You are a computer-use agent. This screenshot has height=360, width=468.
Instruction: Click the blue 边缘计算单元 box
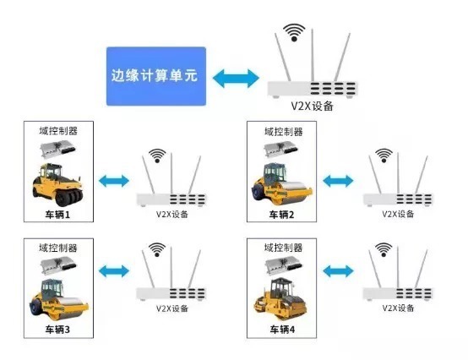point(157,76)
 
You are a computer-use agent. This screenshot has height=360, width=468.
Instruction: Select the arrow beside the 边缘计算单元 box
point(236,77)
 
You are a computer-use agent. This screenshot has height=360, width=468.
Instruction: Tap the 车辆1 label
point(58,215)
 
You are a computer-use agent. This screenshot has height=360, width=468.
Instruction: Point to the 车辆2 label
point(281,215)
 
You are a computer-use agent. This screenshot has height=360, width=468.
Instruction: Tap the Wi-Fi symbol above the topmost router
point(294,33)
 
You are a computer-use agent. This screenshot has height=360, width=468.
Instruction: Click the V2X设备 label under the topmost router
point(311,106)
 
